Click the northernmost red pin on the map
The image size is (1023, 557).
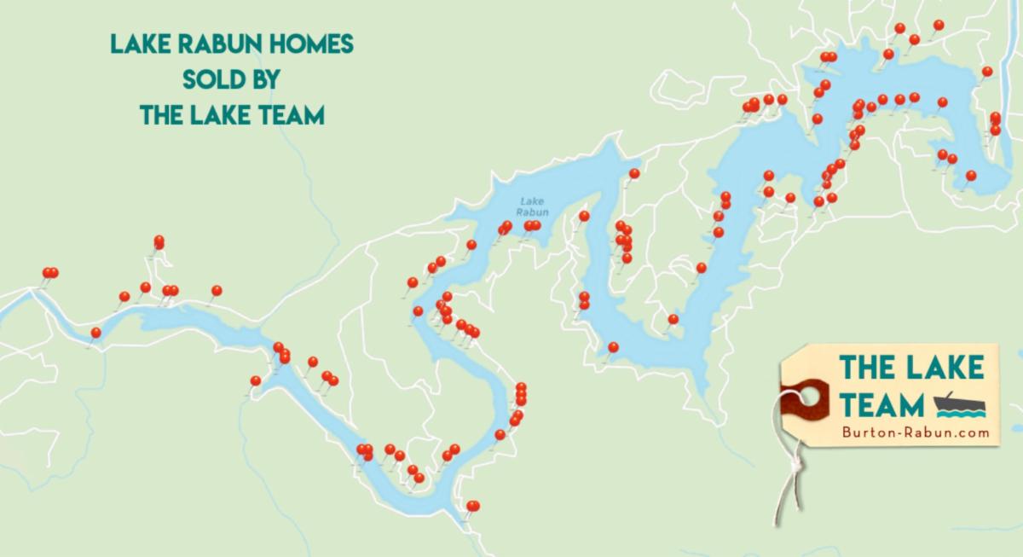pyautogui.click(x=939, y=25)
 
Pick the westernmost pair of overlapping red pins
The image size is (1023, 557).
pyautogui.click(x=50, y=273)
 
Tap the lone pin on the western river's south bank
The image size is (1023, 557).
pyautogui.click(x=95, y=333)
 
